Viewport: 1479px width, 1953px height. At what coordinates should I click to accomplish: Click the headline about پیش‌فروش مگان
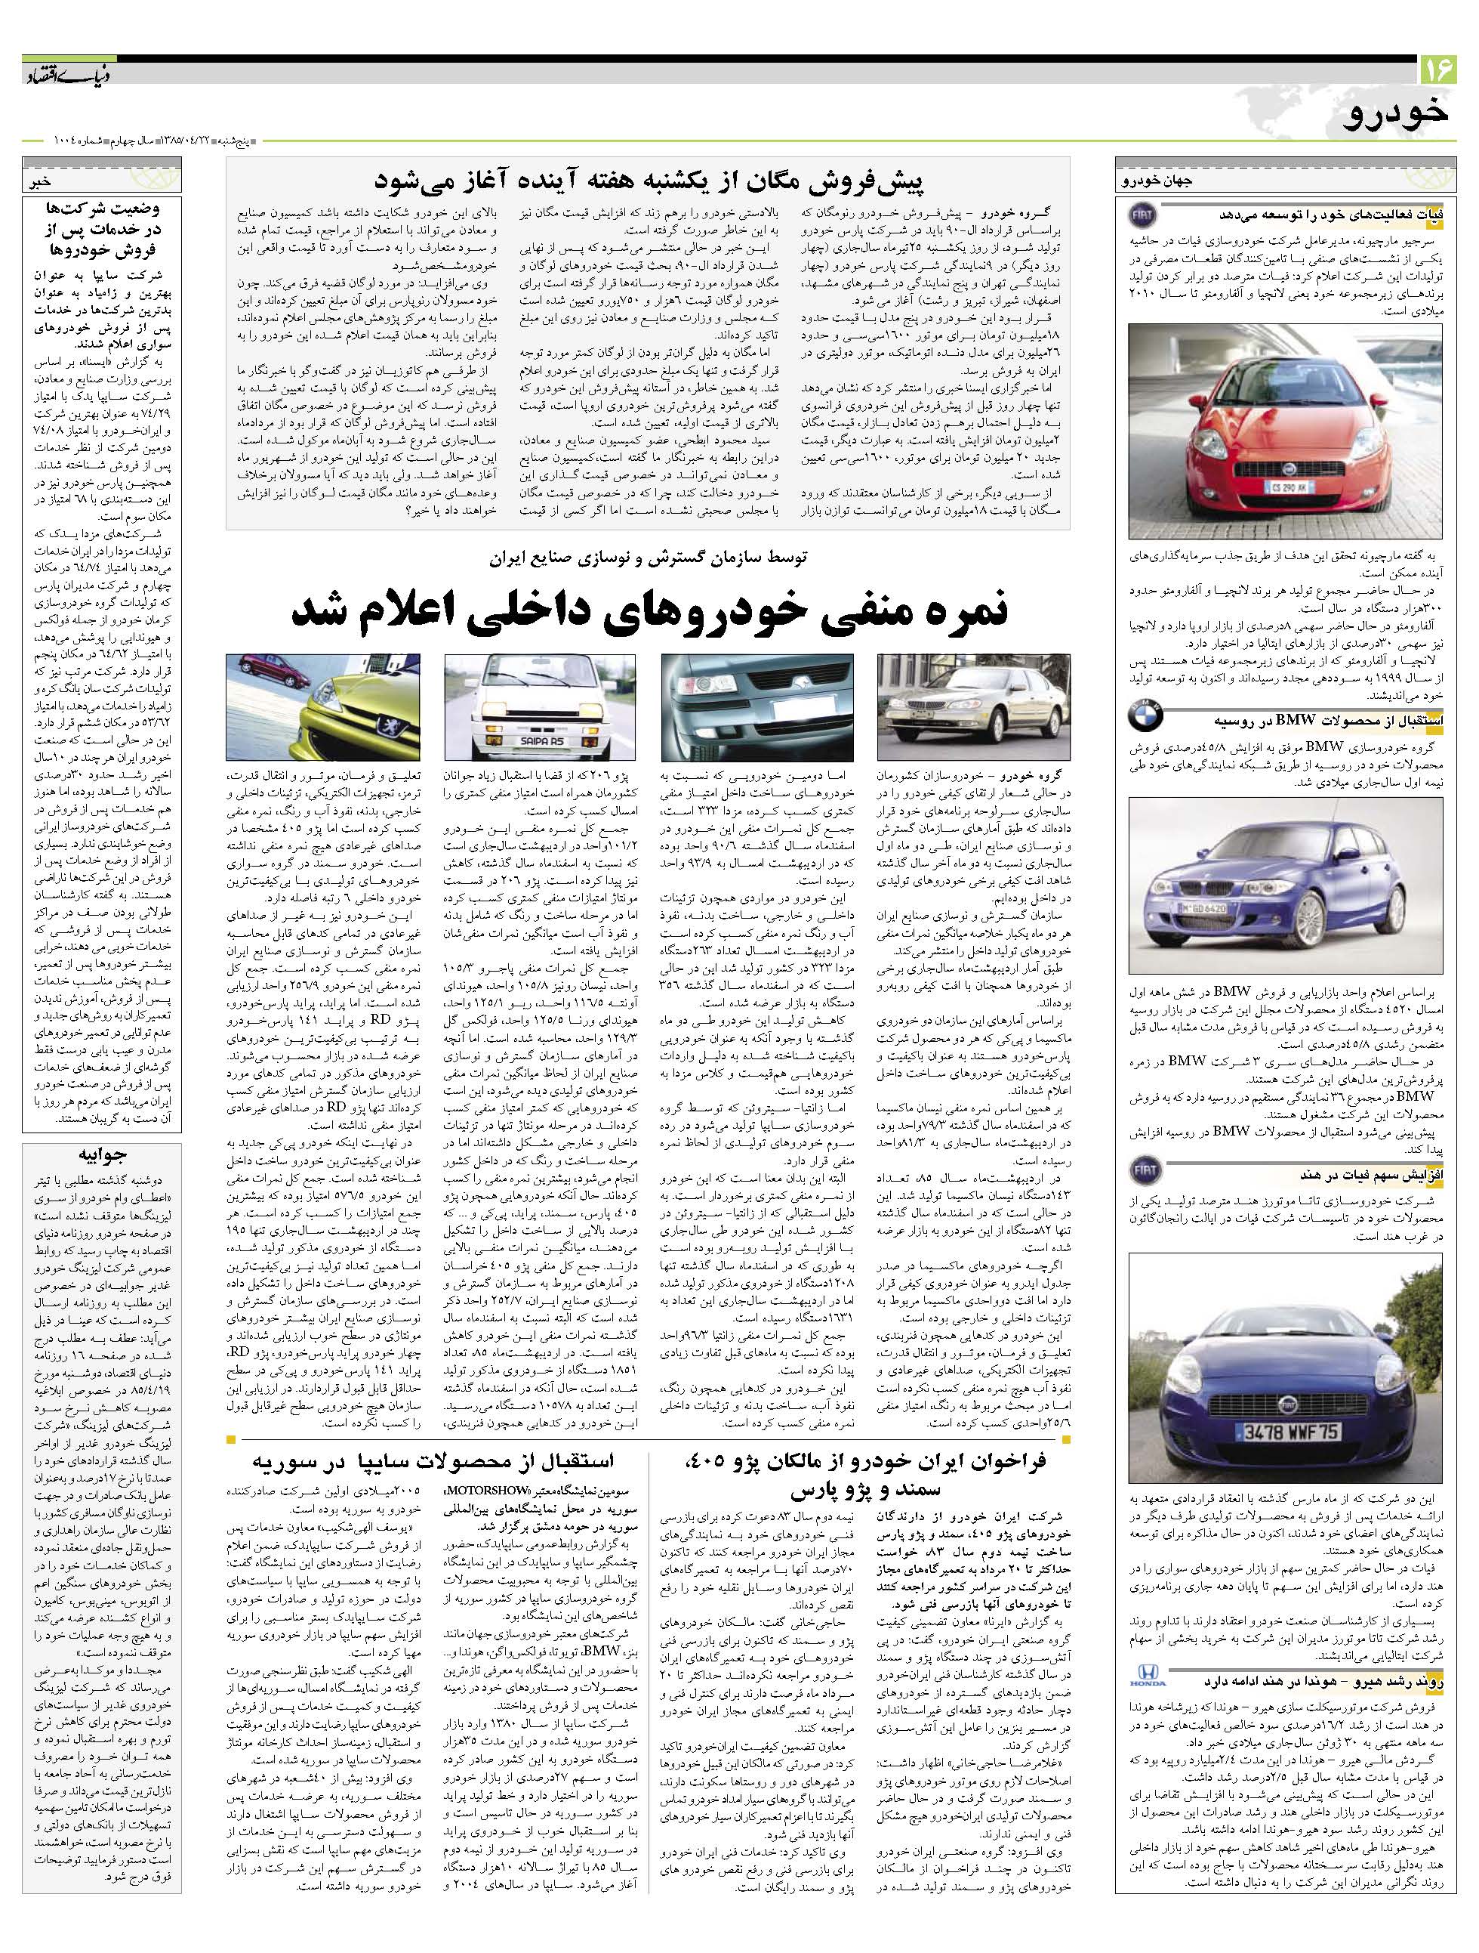click(x=648, y=181)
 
